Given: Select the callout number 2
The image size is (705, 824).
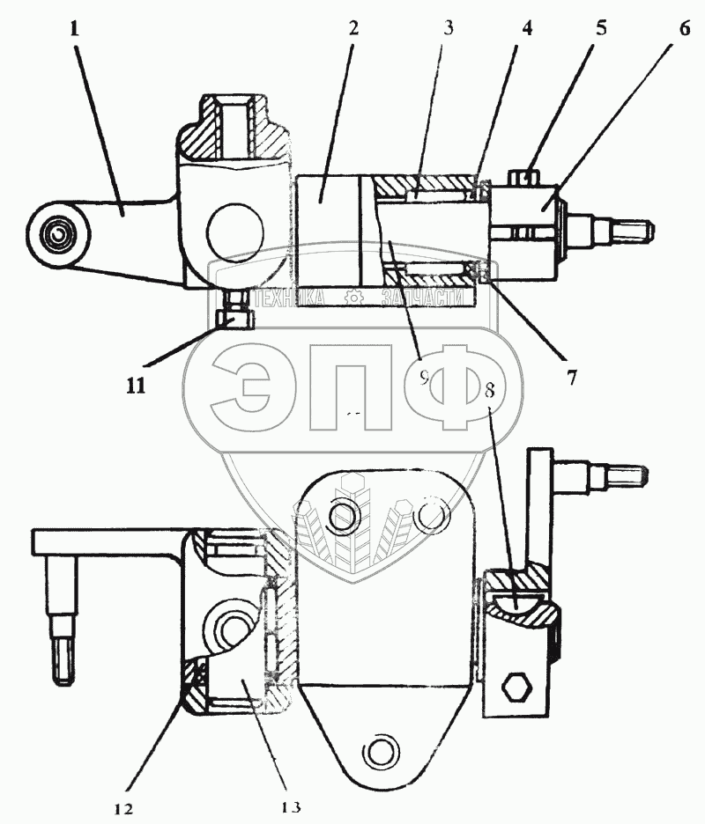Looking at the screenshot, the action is click(352, 27).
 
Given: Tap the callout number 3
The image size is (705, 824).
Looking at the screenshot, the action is click(449, 27).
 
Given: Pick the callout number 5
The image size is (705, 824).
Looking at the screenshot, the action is click(601, 27).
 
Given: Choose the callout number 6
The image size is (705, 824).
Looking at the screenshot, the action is click(684, 27).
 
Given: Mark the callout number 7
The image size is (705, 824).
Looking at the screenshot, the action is click(571, 378).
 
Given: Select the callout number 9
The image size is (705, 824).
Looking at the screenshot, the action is click(424, 378).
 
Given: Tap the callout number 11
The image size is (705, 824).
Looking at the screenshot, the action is click(135, 385).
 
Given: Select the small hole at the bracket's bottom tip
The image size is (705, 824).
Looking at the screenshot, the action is click(379, 751).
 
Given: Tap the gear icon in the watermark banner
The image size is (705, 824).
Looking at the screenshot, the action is click(355, 298).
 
